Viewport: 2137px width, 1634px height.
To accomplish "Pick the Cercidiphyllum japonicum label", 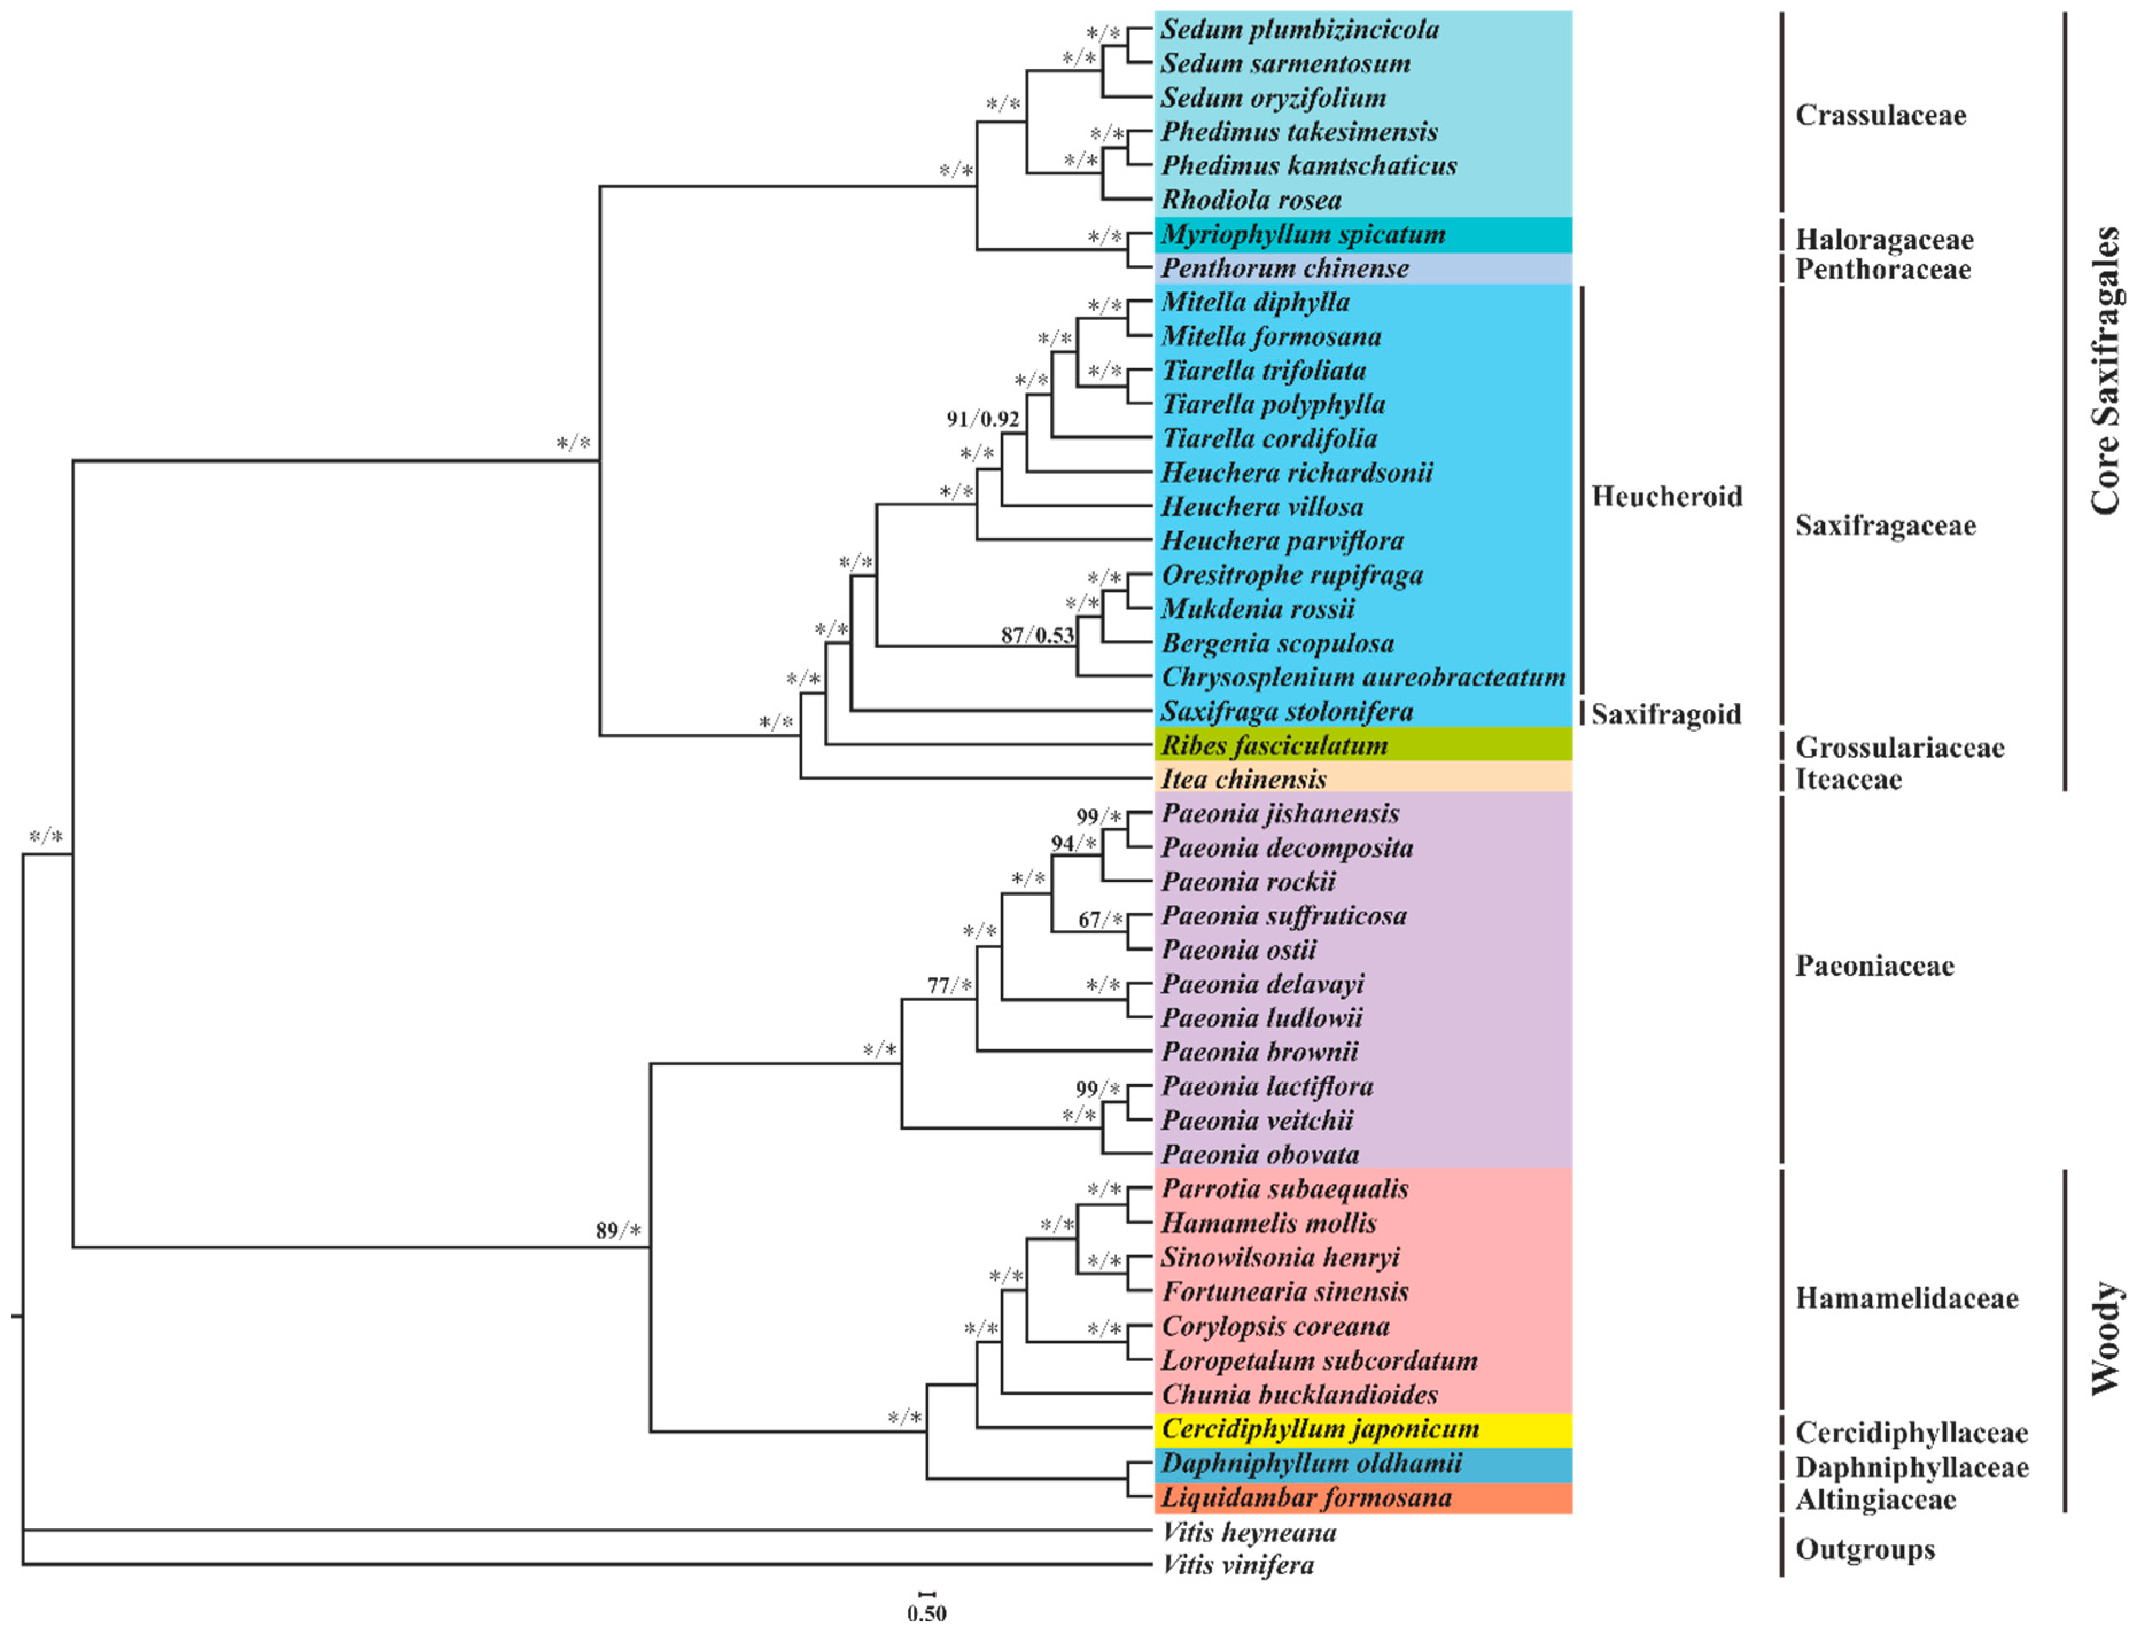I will point(1320,1429).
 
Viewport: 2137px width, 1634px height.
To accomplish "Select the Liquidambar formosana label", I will point(1306,1498).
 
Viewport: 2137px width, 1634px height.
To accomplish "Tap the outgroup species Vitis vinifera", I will point(1238,1565).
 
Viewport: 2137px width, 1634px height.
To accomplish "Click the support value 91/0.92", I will point(982,419).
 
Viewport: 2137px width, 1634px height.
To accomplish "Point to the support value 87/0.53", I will point(1037,635).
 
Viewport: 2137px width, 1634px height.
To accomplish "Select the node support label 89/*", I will point(619,1231).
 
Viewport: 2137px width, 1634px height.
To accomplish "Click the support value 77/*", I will point(949,986).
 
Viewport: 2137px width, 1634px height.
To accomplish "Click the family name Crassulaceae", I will point(1879,116).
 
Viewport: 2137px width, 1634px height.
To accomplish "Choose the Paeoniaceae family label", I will point(1874,966).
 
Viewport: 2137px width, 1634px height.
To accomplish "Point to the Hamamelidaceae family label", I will point(1906,1298).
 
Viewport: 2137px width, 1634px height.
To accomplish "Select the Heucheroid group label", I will point(1666,497).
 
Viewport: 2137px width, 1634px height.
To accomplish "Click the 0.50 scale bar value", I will point(926,1613).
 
